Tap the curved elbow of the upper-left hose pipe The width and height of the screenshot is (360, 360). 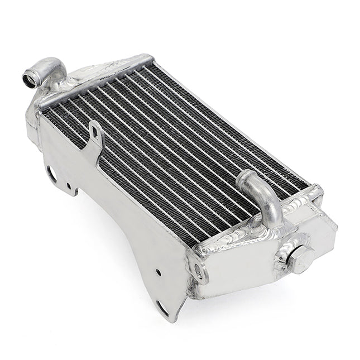[53, 68]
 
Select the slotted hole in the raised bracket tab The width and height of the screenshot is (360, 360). [97, 135]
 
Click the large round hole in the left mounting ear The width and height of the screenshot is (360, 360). [51, 174]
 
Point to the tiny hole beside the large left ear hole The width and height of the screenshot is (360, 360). [68, 186]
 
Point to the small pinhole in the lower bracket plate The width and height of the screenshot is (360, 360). [158, 272]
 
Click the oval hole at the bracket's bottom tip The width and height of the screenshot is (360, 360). [163, 306]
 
